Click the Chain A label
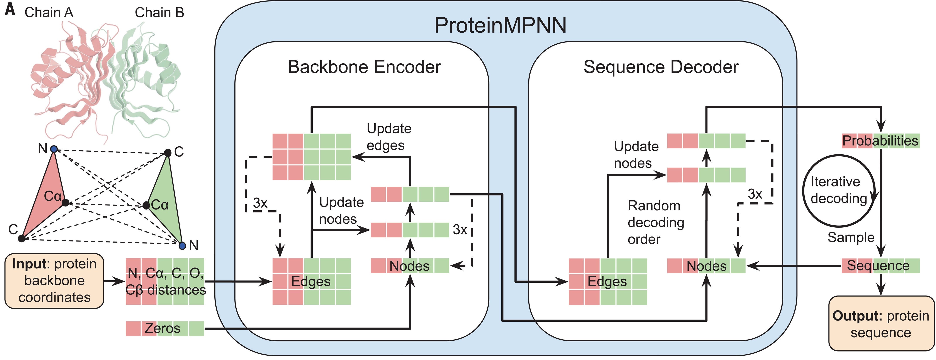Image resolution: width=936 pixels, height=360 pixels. point(49,12)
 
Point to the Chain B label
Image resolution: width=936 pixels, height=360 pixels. point(159,12)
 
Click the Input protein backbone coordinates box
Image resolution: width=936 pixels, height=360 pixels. point(54,281)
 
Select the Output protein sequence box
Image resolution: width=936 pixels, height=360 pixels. point(881,324)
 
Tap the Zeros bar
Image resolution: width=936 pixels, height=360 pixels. point(165,328)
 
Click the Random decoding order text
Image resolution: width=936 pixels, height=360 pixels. point(656,222)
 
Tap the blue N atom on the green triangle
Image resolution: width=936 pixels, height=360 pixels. point(182,246)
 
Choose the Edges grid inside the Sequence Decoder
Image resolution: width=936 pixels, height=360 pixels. point(607,282)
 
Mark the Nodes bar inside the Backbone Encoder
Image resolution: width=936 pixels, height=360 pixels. point(410,266)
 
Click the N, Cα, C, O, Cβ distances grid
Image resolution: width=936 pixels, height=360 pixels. point(165,282)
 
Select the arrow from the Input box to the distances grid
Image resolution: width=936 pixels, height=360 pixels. point(114,281)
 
